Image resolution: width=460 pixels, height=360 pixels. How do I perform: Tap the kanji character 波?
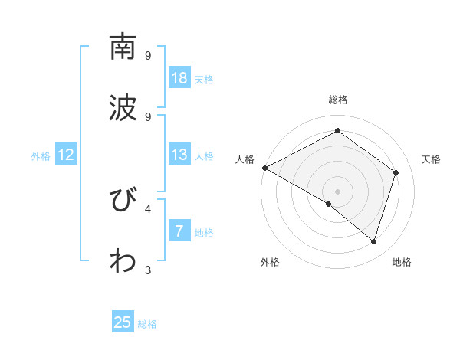(x=123, y=107)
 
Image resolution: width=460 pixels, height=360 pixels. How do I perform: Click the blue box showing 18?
(x=179, y=78)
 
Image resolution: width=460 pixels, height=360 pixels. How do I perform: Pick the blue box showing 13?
(x=179, y=155)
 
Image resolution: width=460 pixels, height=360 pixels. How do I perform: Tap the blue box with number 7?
(x=179, y=231)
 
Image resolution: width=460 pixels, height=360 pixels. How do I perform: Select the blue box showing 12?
(x=66, y=155)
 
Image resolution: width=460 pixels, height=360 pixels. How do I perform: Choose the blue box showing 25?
(x=123, y=322)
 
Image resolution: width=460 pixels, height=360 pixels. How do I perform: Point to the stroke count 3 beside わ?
(x=148, y=270)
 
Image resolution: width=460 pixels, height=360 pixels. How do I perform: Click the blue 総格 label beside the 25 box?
(x=147, y=324)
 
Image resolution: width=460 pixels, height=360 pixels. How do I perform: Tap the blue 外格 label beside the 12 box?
(x=41, y=156)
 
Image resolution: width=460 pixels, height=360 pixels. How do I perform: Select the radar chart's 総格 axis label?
(x=337, y=100)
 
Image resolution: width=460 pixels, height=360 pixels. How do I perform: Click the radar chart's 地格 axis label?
(x=402, y=262)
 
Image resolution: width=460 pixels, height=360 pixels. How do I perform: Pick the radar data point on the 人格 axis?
(x=264, y=168)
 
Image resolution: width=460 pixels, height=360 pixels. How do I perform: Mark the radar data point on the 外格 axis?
(x=329, y=205)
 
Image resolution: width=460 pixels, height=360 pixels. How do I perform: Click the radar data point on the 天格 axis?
(x=396, y=172)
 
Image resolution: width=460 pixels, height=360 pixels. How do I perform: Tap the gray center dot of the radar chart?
(x=337, y=191)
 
